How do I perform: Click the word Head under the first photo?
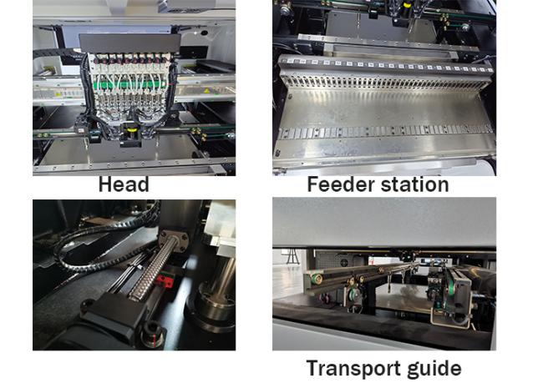tap(124, 184)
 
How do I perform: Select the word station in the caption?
tap(415, 184)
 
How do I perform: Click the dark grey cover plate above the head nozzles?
tap(129, 43)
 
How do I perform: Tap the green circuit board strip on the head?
tap(129, 85)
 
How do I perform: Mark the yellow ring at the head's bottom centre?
tap(131, 130)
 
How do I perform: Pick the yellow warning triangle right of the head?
tap(206, 91)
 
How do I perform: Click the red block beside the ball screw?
tap(165, 281)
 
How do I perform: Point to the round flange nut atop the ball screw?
tap(174, 239)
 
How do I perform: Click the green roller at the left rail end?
tap(317, 279)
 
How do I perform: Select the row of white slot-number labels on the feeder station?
tap(386, 65)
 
